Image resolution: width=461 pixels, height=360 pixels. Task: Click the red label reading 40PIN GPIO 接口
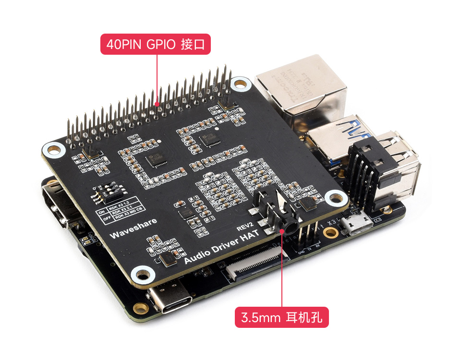pos(155,45)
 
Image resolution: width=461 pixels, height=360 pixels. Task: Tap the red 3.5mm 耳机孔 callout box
pos(281,317)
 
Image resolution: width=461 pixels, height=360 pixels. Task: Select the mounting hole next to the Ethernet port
pos(238,84)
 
